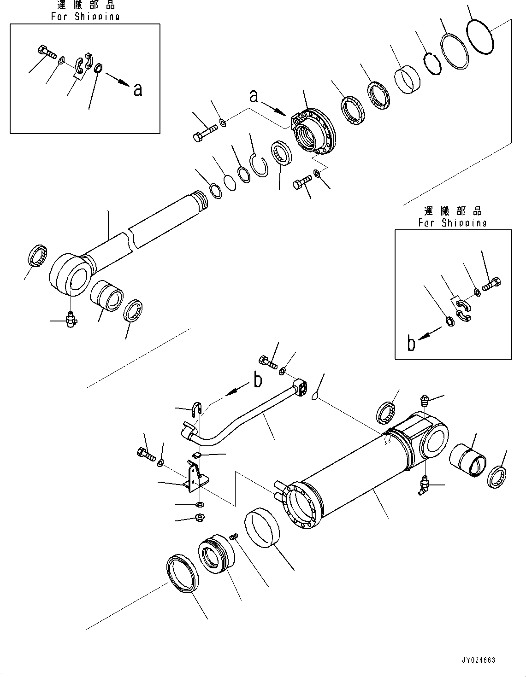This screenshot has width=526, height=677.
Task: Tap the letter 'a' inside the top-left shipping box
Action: coord(137,89)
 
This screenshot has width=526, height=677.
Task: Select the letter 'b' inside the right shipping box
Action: coord(411,343)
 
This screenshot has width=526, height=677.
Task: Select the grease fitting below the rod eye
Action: coord(71,319)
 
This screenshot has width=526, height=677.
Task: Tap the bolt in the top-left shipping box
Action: coord(45,52)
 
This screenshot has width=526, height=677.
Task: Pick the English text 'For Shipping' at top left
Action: coord(85,16)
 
